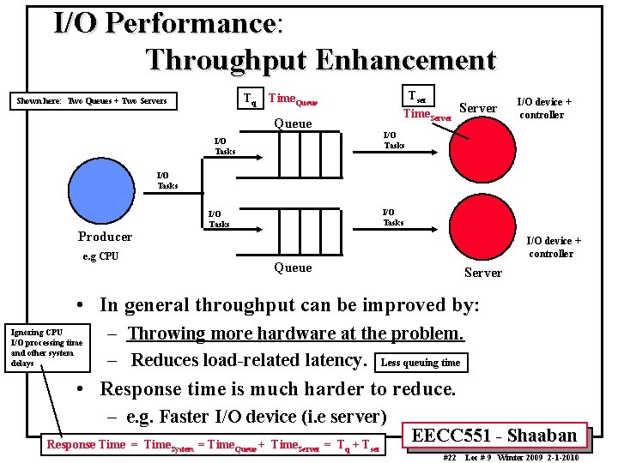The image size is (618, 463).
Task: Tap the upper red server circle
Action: pyautogui.click(x=485, y=155)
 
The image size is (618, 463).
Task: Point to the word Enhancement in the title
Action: pyautogui.click(x=405, y=60)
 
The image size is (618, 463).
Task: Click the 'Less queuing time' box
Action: pyautogui.click(x=421, y=363)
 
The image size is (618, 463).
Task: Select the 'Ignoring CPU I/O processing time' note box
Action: pyautogui.click(x=46, y=347)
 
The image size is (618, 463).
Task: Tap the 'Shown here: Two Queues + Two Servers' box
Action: pyautogui.click(x=93, y=101)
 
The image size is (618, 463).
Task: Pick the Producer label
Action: pyautogui.click(x=105, y=237)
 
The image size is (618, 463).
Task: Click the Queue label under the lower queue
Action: pyautogui.click(x=292, y=268)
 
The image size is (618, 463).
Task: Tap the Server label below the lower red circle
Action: pyautogui.click(x=482, y=273)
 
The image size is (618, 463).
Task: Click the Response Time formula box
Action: pyautogui.click(x=214, y=444)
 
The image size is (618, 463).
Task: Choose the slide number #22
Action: pyautogui.click(x=449, y=458)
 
